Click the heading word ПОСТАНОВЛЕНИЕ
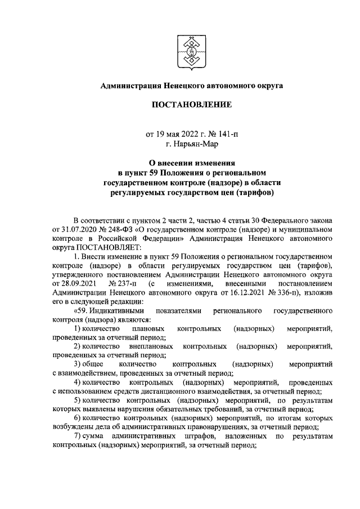point(191,105)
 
